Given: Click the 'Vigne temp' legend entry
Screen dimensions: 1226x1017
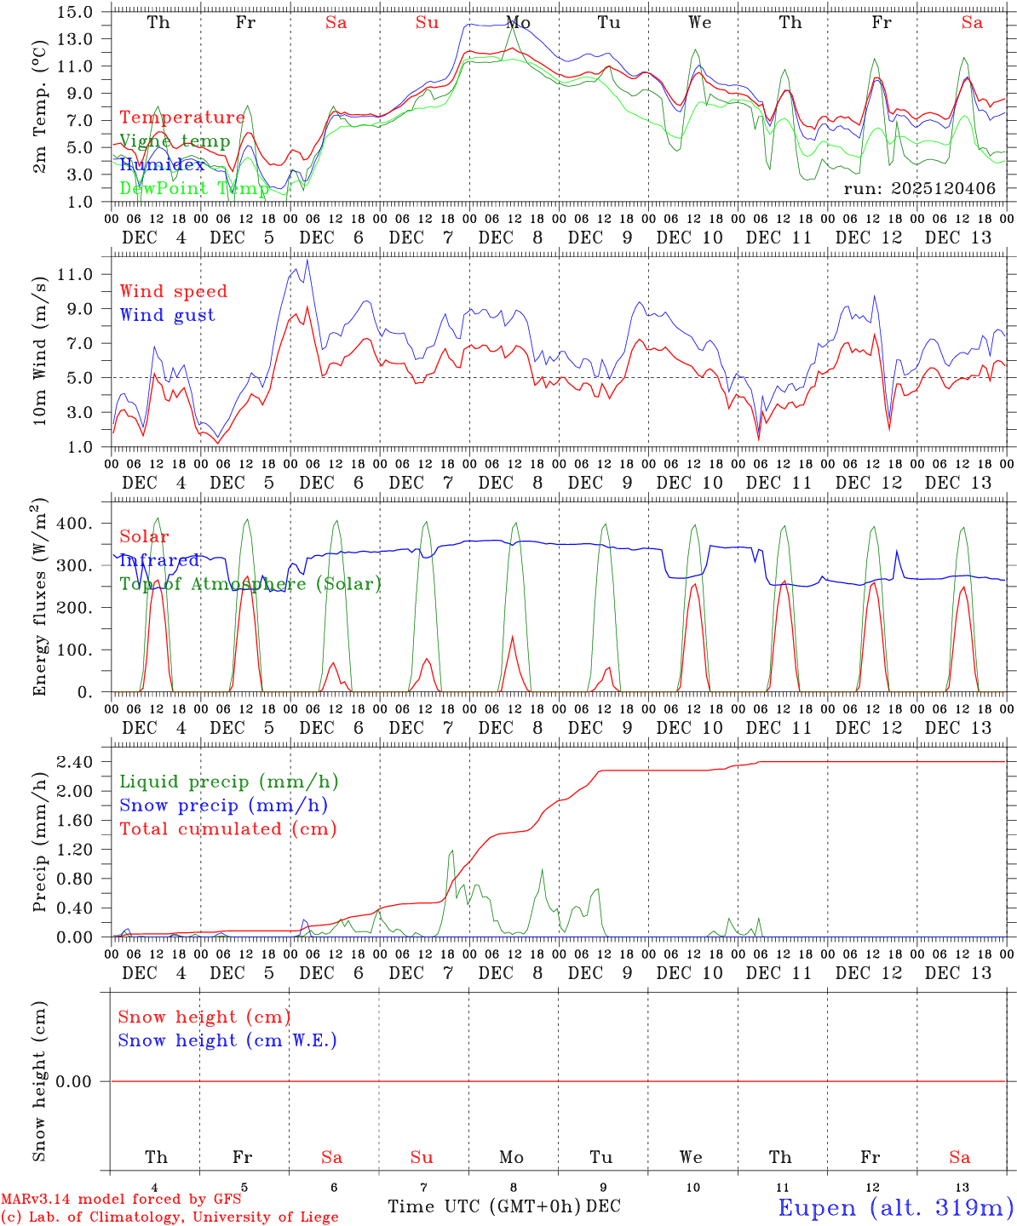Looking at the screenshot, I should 175,141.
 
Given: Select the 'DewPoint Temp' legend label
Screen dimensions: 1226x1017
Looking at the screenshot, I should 194,188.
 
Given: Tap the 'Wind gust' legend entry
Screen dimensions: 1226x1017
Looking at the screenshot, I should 167,315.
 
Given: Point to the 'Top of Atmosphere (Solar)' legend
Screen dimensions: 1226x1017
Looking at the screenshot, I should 250,584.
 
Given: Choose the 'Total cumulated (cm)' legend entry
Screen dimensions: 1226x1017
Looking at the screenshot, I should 228,828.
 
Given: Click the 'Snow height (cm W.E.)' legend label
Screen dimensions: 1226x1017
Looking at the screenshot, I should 227,1040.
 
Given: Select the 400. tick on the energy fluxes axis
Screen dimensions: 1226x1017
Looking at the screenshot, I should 73,523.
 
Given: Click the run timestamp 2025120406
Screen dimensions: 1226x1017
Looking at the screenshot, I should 919,188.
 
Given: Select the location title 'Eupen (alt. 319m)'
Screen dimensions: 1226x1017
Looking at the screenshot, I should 895,1207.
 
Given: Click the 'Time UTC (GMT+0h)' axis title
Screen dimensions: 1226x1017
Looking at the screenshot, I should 485,1206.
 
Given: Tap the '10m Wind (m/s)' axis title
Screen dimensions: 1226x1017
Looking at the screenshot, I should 39,350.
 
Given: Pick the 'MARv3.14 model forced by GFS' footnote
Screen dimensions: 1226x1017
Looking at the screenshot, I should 120,1199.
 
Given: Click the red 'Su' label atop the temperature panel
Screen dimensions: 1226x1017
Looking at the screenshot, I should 427,23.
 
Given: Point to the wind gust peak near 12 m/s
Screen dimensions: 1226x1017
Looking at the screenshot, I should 307,261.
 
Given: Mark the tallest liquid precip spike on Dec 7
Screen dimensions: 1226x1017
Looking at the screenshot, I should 451,850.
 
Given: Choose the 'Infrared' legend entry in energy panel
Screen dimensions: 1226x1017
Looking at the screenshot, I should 159,560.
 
